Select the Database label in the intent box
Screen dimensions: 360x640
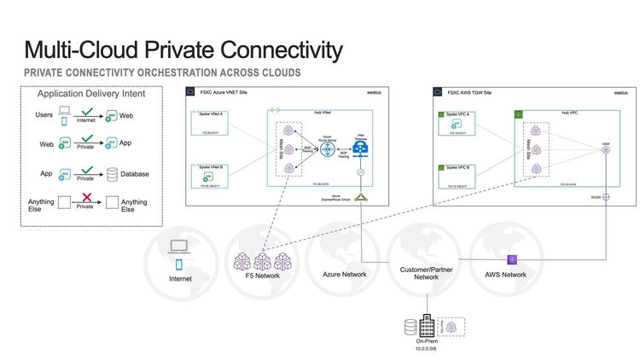click(x=135, y=174)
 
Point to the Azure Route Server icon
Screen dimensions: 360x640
click(x=325, y=146)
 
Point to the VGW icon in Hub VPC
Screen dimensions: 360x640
click(x=605, y=150)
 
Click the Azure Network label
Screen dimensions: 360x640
click(x=342, y=275)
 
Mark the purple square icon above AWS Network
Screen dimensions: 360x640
click(x=512, y=258)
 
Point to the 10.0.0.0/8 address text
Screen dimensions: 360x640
click(x=426, y=348)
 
